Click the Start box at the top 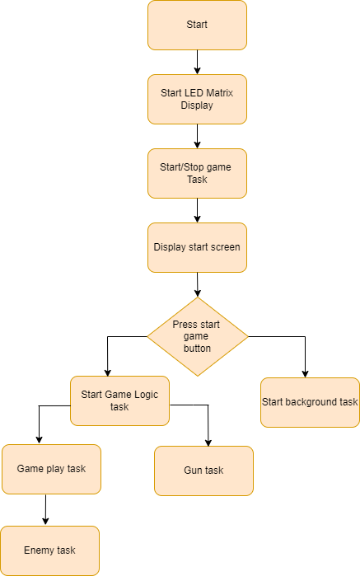pos(197,25)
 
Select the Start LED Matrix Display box pos(197,99)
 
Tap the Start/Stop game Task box pos(197,173)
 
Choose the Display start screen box pos(197,247)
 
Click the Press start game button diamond pos(198,336)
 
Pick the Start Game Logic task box pos(119,400)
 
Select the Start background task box pos(310,403)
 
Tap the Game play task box pos(51,469)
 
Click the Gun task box pos(203,471)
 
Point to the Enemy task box pos(50,550)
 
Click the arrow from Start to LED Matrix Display pos(197,62)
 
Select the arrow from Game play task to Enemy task pos(45,509)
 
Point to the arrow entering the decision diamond pos(198,284)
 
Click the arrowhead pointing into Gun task pos(208,443)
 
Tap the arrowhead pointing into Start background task pos(305,374)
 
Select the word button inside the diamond pos(197,349)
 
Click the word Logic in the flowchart pos(147,395)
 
